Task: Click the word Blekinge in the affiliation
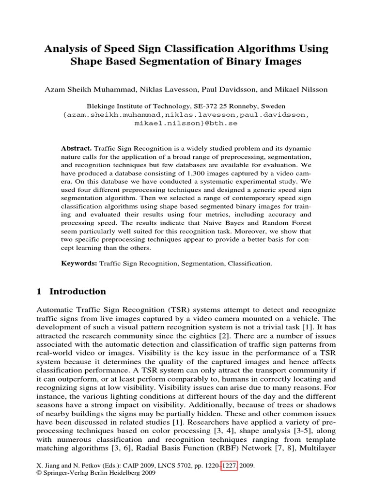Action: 102,106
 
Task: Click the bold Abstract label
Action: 77,148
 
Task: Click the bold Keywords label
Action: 79,264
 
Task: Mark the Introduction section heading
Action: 77,292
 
